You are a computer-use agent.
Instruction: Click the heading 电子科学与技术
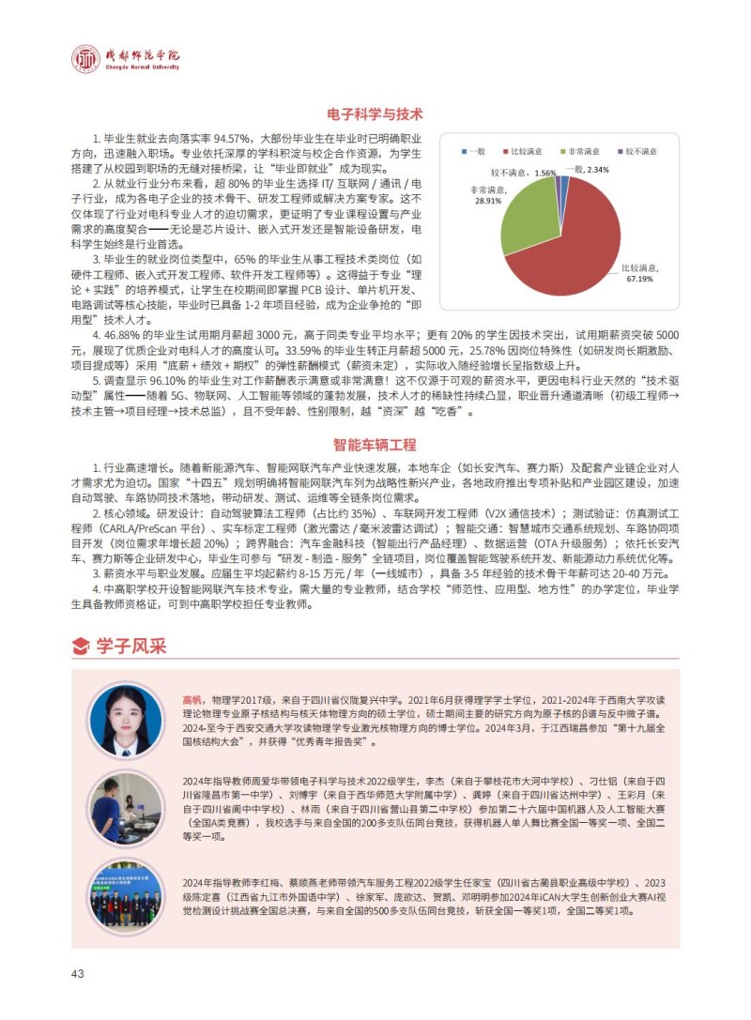(375, 114)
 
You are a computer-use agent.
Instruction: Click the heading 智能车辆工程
(375, 444)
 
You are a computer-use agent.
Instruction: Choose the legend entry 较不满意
(640, 151)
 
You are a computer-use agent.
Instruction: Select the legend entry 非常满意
(583, 151)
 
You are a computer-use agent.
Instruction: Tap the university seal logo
(86, 59)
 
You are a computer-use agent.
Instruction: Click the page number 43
(78, 973)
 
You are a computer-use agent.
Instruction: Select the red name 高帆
(191, 699)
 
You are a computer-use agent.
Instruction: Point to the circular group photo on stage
(126, 895)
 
